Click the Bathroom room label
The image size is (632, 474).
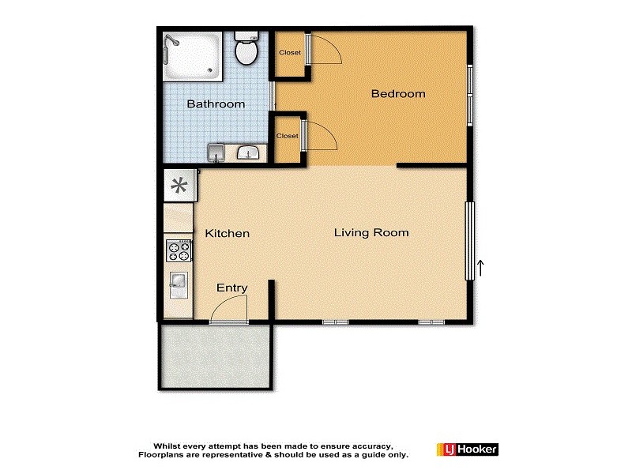pyautogui.click(x=215, y=104)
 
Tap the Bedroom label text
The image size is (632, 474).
pyautogui.click(x=398, y=94)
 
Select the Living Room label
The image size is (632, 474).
pyautogui.click(x=371, y=233)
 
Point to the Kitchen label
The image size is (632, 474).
pyautogui.click(x=228, y=234)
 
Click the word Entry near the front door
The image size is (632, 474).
pyautogui.click(x=232, y=288)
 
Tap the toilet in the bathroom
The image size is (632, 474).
pyautogui.click(x=246, y=51)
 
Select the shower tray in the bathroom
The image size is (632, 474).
pyautogui.click(x=193, y=56)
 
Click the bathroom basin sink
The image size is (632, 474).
pyautogui.click(x=249, y=152)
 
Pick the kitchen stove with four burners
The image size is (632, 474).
pyautogui.click(x=179, y=252)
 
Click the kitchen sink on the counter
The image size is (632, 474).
pyautogui.click(x=178, y=280)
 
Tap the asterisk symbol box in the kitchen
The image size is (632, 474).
pyautogui.click(x=179, y=187)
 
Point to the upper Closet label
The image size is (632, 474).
pyautogui.click(x=289, y=53)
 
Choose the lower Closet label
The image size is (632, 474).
pyautogui.click(x=288, y=136)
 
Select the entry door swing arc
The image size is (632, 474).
pyautogui.click(x=231, y=311)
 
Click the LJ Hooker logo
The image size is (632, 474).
pyautogui.click(x=467, y=450)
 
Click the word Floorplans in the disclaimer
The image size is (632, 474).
pyautogui.click(x=164, y=455)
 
